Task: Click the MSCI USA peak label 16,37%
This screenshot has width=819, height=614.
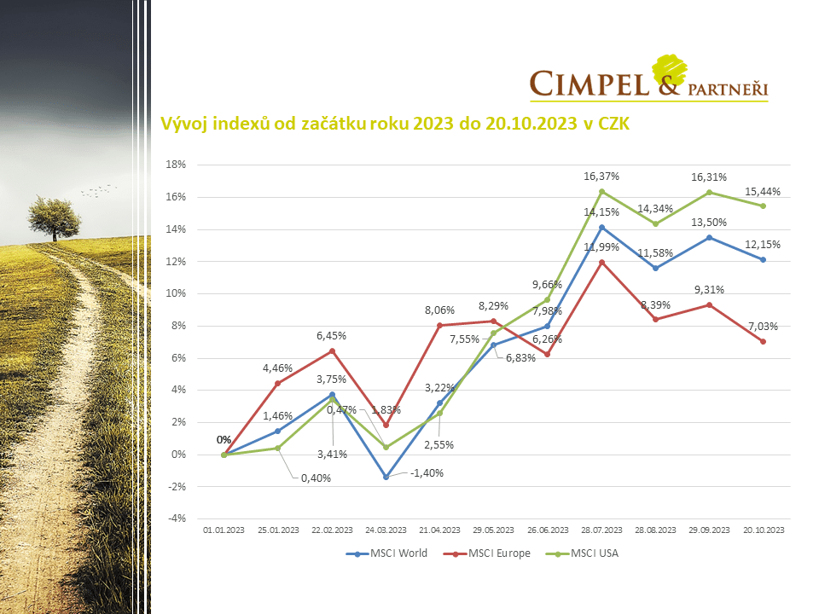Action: tap(601, 177)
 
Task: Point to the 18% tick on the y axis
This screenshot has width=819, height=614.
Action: tap(177, 165)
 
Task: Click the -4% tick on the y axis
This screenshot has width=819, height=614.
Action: tap(177, 518)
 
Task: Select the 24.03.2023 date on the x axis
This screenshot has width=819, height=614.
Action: tap(386, 530)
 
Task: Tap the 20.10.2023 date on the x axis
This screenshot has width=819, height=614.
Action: tap(763, 530)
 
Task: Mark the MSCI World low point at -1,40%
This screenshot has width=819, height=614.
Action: tap(386, 477)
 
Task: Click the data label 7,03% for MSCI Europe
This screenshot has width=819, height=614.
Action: tap(763, 326)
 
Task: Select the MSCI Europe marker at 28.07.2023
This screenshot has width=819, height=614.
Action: tap(601, 262)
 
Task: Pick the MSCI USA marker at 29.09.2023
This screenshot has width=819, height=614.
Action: tap(709, 193)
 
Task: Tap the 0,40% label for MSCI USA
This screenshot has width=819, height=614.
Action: tap(315, 478)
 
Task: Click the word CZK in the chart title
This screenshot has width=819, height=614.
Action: tap(612, 125)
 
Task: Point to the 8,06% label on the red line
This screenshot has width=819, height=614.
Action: tap(439, 310)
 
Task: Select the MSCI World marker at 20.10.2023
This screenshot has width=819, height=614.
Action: tap(763, 259)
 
